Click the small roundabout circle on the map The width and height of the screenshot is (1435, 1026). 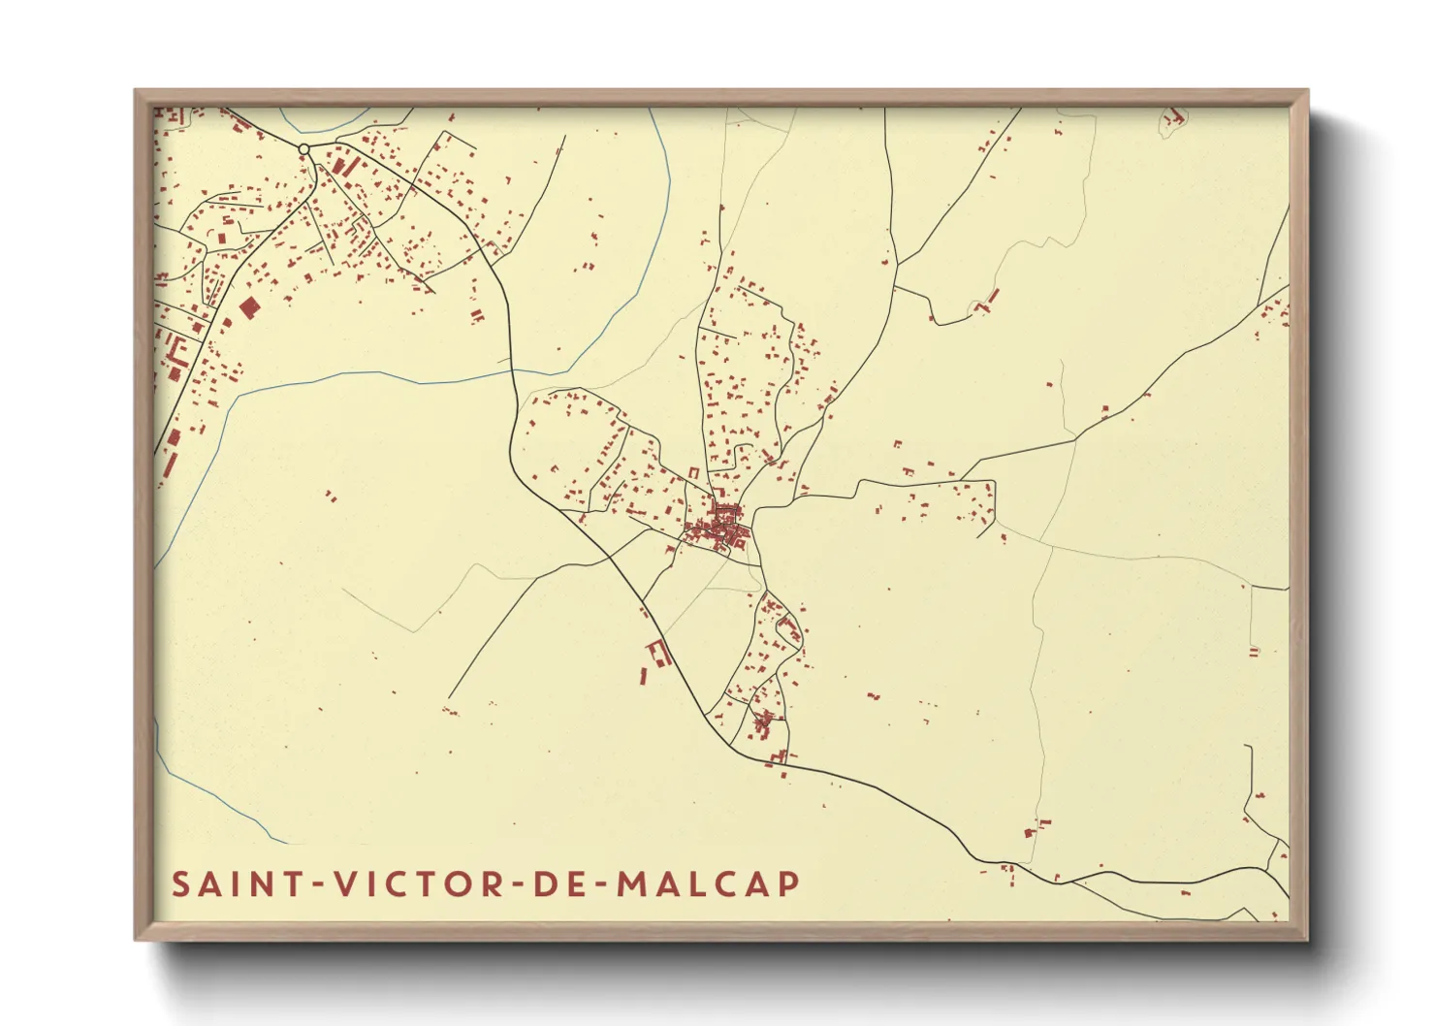click(303, 149)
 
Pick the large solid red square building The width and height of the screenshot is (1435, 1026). click(249, 308)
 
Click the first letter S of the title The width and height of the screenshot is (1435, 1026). click(181, 884)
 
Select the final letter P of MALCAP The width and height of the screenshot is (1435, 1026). click(789, 884)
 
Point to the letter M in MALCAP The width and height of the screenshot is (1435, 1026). click(632, 884)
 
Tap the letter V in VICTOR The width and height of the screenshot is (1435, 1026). click(344, 884)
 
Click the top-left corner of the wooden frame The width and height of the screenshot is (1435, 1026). click(136, 91)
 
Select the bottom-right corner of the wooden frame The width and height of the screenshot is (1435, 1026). click(1307, 939)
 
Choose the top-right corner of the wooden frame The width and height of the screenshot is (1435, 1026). click(1307, 91)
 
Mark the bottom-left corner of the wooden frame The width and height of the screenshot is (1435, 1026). click(136, 939)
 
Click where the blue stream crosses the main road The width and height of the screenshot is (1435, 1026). click(512, 369)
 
